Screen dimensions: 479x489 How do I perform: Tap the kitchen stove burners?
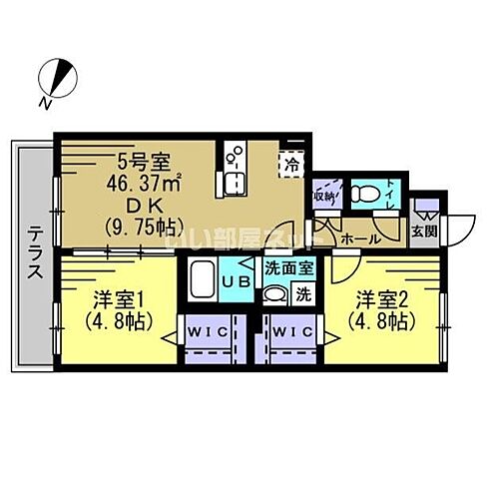point(237,155)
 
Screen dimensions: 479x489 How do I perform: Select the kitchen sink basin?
point(236,184)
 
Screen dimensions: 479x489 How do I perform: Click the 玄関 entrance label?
point(423,231)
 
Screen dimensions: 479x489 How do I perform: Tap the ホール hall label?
point(358,240)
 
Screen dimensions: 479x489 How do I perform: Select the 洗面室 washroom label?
point(289,267)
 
